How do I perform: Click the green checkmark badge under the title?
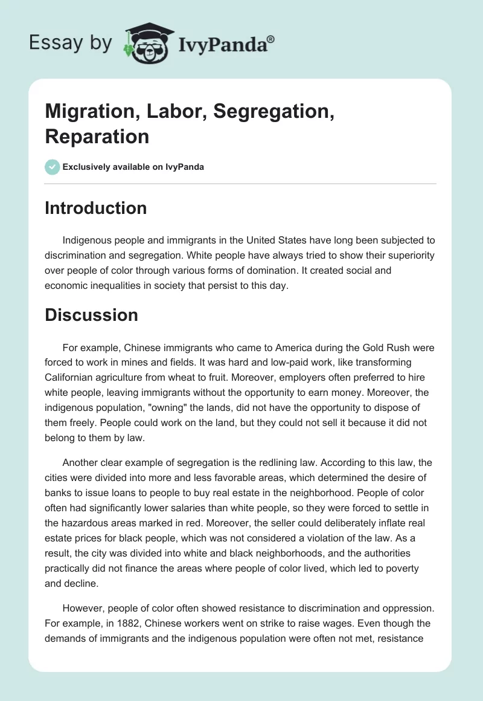(53, 167)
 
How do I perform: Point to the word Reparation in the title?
(97, 136)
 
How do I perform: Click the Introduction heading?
(96, 208)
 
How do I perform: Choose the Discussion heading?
(91, 315)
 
